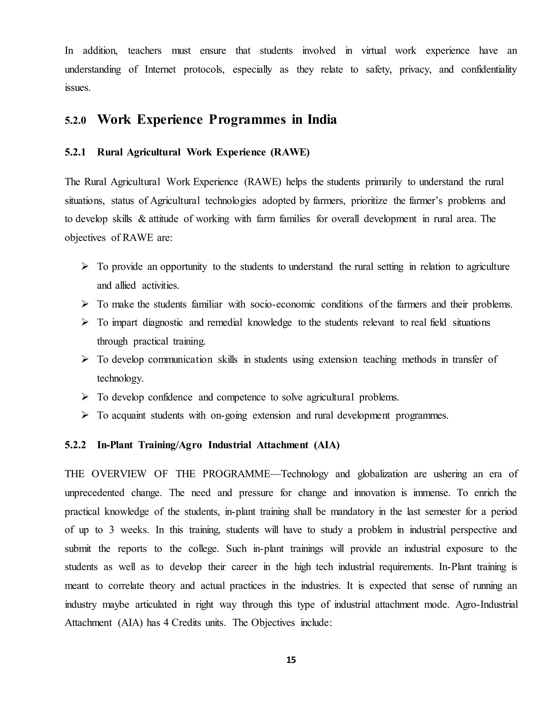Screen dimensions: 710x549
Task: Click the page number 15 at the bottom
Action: click(x=291, y=660)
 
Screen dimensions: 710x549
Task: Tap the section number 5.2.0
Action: click(x=75, y=121)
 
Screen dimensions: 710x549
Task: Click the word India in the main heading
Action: click(x=322, y=120)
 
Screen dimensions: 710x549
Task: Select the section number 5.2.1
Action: click(x=75, y=152)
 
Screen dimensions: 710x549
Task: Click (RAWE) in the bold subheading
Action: click(x=290, y=152)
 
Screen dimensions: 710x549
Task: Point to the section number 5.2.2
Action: click(x=75, y=445)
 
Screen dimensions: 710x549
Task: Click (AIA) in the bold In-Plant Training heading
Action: click(x=327, y=445)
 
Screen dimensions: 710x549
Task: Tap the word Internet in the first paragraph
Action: click(x=160, y=69)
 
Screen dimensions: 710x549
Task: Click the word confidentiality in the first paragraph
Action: click(x=489, y=69)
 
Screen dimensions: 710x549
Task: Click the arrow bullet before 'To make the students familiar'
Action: click(x=85, y=304)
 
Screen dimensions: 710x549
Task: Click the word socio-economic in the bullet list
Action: click(x=283, y=304)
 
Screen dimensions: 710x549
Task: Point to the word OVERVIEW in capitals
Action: click(x=119, y=474)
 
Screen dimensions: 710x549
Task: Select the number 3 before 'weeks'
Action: click(x=111, y=530)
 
